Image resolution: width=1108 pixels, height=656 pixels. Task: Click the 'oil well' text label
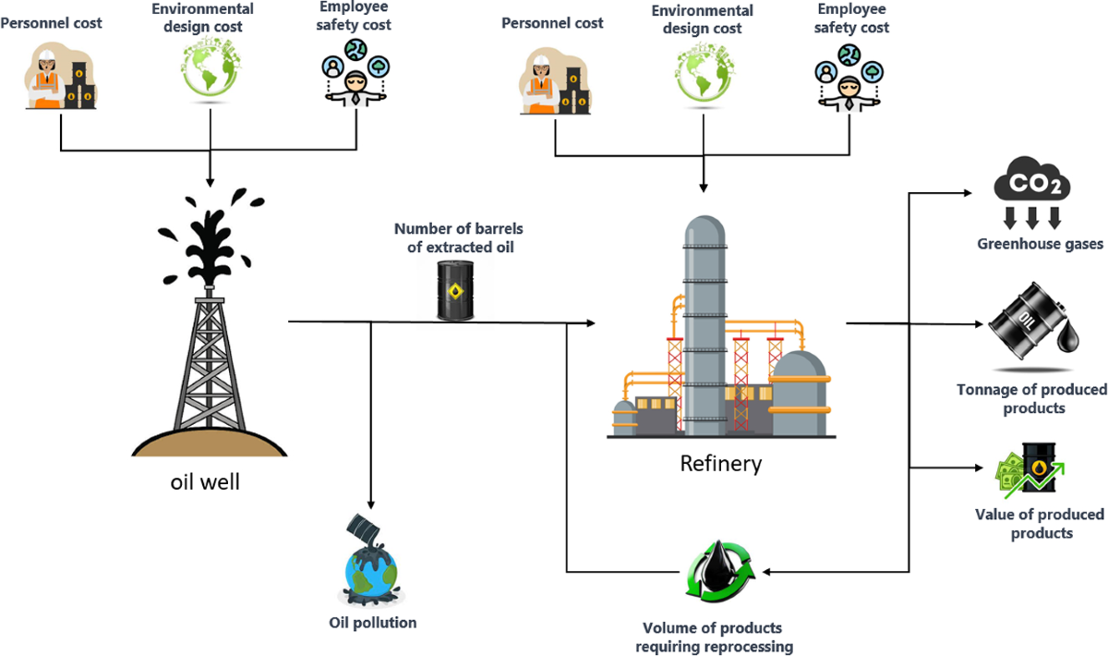205,481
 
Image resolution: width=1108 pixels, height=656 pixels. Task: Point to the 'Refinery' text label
721,463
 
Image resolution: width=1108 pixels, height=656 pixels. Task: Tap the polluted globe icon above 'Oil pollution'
372,559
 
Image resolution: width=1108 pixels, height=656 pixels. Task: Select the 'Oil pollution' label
372,623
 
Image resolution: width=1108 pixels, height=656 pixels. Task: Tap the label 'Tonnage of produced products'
1031,399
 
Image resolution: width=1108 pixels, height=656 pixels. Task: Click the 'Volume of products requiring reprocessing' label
714,638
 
